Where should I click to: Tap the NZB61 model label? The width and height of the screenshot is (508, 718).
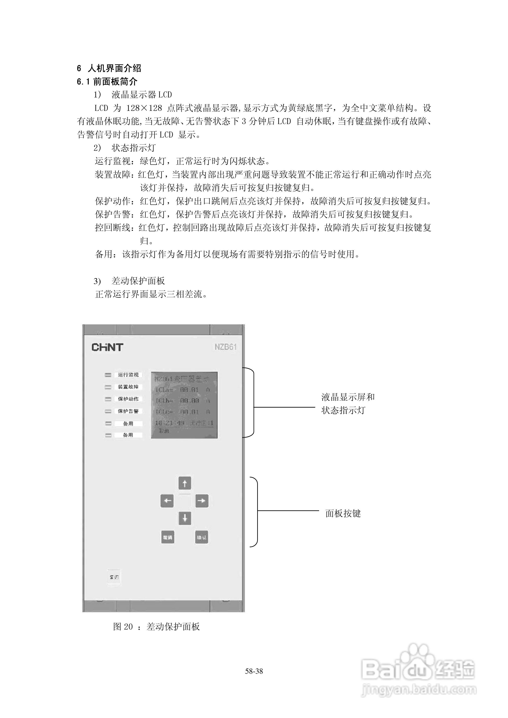point(225,347)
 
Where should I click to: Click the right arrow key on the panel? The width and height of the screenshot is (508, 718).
point(202,501)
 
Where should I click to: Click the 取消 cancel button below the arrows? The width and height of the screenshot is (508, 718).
point(168,537)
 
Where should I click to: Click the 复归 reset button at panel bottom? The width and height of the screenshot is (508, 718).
point(114,577)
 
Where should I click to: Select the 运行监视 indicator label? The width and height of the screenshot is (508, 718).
point(128,375)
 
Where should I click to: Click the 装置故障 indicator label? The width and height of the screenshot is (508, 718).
point(128,387)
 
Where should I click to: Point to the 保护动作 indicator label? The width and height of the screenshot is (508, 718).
point(128,399)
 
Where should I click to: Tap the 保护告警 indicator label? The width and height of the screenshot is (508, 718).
point(128,411)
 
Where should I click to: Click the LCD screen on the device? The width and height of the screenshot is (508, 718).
point(184,405)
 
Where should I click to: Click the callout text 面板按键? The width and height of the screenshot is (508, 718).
point(343,514)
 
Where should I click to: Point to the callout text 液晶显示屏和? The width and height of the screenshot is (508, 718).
point(348,397)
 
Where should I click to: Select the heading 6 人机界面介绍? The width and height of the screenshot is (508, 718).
point(109,68)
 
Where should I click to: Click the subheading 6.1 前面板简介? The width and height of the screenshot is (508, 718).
point(107,82)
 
